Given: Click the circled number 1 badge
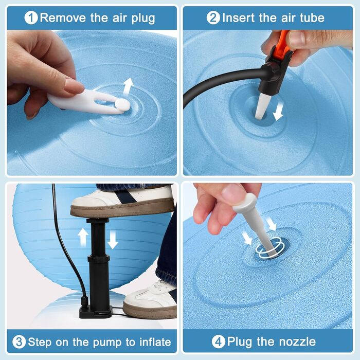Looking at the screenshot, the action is click(x=31, y=18).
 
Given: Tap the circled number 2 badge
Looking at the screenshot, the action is click(x=213, y=18).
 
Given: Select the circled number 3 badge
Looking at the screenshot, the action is click(x=19, y=342).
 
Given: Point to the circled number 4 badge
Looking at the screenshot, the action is click(x=219, y=342).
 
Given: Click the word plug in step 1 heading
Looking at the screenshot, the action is click(x=143, y=19).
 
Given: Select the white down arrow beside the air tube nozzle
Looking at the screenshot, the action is click(x=278, y=111).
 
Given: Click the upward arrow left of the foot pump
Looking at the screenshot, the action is click(x=83, y=238).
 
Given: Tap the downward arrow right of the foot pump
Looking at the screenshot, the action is click(x=113, y=240).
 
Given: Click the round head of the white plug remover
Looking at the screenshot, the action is click(x=122, y=104).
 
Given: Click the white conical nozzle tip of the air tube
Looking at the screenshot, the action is click(x=262, y=106).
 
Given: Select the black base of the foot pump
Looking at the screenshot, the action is click(x=96, y=312).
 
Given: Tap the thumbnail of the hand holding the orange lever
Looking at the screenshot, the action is click(x=297, y=38).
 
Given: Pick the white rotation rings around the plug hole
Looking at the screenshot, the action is click(x=269, y=248).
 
